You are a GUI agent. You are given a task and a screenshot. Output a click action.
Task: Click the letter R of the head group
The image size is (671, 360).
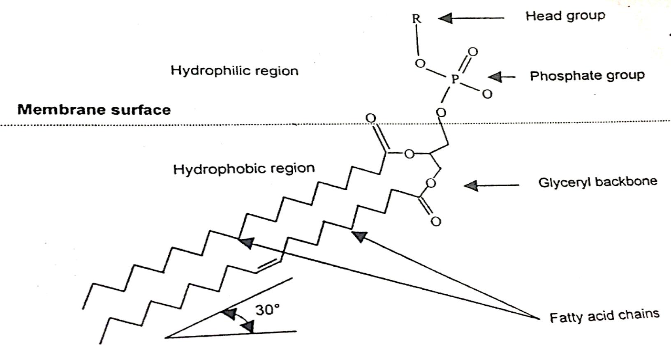pyautogui.click(x=416, y=19)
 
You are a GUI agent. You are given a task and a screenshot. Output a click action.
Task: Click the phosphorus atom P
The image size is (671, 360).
pyautogui.click(x=454, y=79)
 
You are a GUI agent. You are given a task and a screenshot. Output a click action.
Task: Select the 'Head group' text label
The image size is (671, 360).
pyautogui.click(x=565, y=16)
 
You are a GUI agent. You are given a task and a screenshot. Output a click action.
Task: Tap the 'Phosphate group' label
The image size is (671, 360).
pyautogui.click(x=587, y=76)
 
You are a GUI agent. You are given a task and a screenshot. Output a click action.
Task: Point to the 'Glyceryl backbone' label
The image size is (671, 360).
pyautogui.click(x=597, y=182)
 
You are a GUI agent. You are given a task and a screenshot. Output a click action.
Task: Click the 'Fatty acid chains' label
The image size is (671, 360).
pyautogui.click(x=604, y=316)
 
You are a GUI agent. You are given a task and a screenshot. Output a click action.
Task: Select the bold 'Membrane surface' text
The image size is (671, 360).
pyautogui.click(x=94, y=110)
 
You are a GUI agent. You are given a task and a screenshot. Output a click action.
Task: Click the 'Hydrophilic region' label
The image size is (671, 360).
pyautogui.click(x=234, y=70)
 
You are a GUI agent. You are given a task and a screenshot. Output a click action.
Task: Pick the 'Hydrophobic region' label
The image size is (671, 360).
pyautogui.click(x=243, y=168)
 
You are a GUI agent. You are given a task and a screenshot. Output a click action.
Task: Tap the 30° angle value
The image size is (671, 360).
pyautogui.click(x=267, y=309)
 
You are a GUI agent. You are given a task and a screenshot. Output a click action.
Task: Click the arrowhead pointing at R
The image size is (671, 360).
pyautogui.click(x=445, y=18)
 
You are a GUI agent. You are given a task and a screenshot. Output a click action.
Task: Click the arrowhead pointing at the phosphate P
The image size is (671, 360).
pyautogui.click(x=495, y=76)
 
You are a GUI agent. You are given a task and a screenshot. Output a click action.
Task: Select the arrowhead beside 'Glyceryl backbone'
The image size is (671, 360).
pyautogui.click(x=471, y=186)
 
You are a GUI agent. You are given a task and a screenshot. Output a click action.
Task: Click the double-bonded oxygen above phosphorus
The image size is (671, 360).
pyautogui.click(x=473, y=52)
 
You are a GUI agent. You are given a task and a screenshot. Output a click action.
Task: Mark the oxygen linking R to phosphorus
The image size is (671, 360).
pyautogui.click(x=420, y=63)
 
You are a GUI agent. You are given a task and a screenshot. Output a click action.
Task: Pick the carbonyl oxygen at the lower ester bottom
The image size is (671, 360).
pyautogui.click(x=435, y=222)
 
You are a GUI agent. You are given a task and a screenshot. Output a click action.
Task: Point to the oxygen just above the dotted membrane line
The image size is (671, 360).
pyautogui.click(x=441, y=112)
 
